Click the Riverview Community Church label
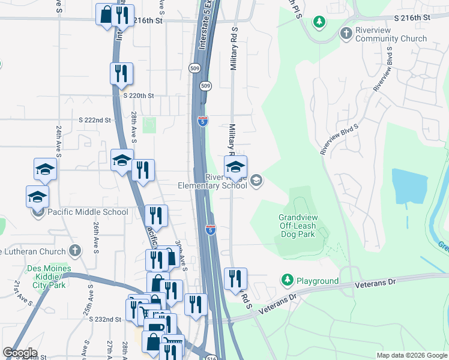click(391, 34)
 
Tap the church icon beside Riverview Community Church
click(346, 33)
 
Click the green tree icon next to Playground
click(288, 280)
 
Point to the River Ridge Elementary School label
click(212, 181)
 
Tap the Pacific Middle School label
click(88, 212)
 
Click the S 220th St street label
click(139, 95)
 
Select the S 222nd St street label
click(95, 120)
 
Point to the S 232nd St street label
click(105, 319)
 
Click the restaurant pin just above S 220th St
click(121, 73)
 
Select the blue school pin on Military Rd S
click(236, 166)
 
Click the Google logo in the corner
click(20, 353)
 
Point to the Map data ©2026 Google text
click(411, 355)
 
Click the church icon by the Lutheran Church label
click(74, 250)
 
